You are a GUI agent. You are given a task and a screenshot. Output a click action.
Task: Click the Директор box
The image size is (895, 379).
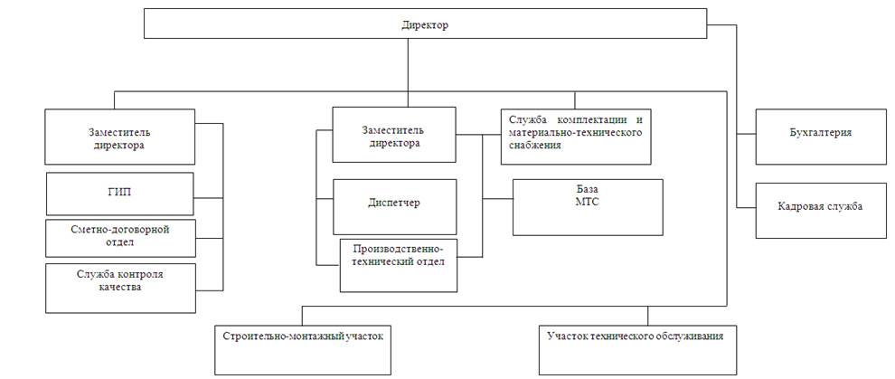tap(425, 24)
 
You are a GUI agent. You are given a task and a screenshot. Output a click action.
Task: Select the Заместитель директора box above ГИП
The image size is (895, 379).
tap(120, 137)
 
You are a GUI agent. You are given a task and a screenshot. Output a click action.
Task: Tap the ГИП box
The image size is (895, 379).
tap(120, 193)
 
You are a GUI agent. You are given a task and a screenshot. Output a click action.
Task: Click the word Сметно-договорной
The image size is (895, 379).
tap(120, 229)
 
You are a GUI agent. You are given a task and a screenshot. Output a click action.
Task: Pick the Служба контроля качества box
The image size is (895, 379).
tap(120, 288)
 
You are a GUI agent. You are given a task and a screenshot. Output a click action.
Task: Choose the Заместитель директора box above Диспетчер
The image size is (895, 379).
tap(393, 136)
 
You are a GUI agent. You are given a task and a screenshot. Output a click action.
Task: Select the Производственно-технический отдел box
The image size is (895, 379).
tap(398, 264)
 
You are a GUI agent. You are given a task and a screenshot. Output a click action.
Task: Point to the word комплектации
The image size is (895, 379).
tap(587, 119)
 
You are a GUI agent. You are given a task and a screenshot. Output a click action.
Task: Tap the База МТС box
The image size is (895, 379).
tap(588, 206)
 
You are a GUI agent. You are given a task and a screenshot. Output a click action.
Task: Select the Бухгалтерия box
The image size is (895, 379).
tap(820, 137)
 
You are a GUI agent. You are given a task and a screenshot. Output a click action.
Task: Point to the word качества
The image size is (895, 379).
tap(121, 288)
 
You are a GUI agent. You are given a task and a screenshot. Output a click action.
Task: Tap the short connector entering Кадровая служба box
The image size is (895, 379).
tap(747, 207)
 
